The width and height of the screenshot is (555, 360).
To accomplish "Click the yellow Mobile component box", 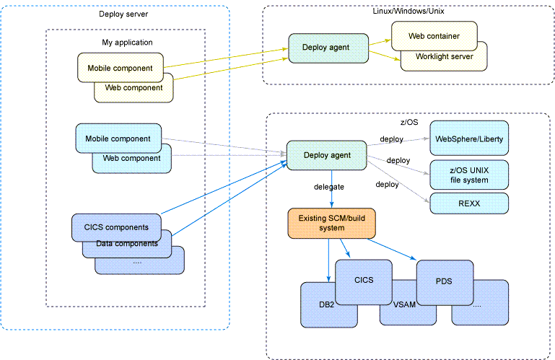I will tap(120, 68).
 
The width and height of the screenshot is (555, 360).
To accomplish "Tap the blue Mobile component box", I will tap(118, 138).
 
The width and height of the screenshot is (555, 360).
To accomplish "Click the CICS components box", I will tap(115, 227).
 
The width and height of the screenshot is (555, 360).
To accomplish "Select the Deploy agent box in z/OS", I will tap(326, 154).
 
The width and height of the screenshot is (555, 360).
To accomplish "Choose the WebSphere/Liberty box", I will tap(470, 139).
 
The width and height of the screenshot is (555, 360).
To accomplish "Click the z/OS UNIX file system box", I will tap(470, 175).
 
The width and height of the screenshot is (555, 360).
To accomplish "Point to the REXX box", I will tap(470, 203).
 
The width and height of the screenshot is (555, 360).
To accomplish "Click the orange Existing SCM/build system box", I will tap(331, 222).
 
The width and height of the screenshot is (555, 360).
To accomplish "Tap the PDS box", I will tap(444, 281).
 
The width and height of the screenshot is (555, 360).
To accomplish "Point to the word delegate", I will tap(328, 186).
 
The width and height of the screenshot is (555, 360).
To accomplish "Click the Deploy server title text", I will tap(119, 14).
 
